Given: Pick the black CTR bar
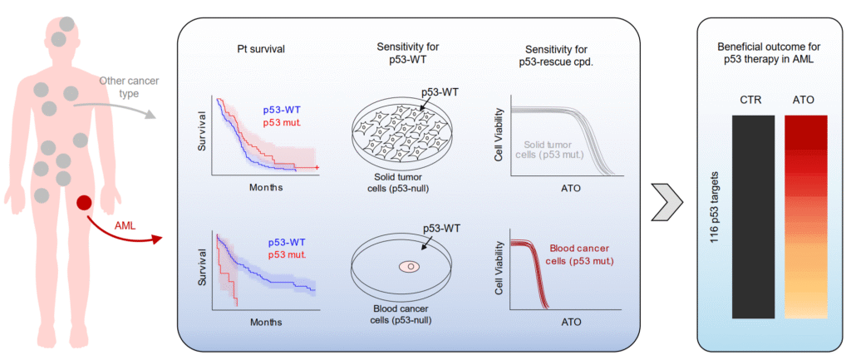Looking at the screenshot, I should point(753,217).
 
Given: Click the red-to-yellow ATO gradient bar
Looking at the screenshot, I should point(805,217).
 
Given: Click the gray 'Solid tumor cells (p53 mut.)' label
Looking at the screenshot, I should point(560,150).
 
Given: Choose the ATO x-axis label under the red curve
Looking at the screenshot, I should point(571,322).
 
